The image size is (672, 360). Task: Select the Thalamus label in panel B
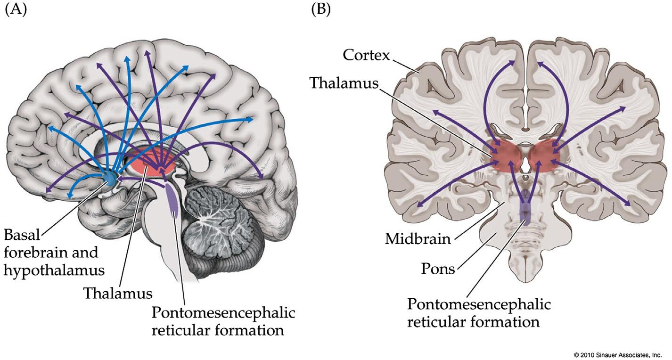point(344,83)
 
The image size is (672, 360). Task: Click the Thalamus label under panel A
point(118,294)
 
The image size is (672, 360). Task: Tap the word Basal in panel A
point(22,235)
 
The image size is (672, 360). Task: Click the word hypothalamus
point(54,270)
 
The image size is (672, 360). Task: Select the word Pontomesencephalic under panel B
point(478,304)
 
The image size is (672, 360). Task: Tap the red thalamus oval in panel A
point(151,164)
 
